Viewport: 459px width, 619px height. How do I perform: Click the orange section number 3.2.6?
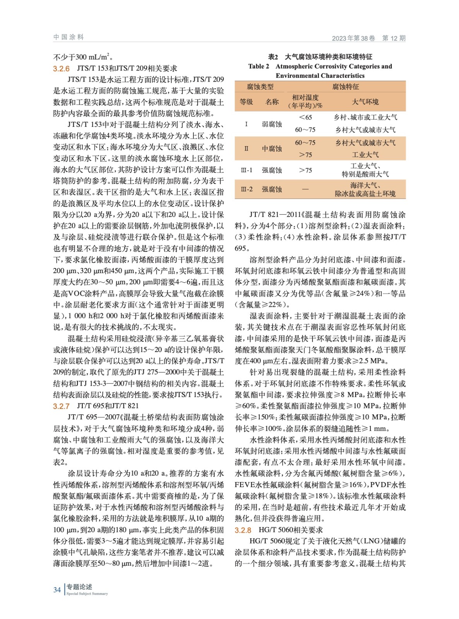pyautogui.click(x=61, y=68)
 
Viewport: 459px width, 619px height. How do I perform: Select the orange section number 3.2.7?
pyautogui.click(x=61, y=406)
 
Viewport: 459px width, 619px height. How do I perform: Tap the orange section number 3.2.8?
pyautogui.click(x=243, y=530)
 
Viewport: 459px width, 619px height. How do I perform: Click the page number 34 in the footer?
pyautogui.click(x=57, y=590)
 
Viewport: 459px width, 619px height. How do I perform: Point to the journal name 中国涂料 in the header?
pyautogui.click(x=68, y=37)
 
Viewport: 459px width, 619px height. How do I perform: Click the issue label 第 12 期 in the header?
pyautogui.click(x=394, y=38)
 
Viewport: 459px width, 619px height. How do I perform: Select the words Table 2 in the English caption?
pyautogui.click(x=259, y=66)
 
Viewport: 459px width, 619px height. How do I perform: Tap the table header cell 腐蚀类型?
pyautogui.click(x=260, y=87)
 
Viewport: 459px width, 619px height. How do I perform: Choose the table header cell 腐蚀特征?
pyautogui.click(x=345, y=87)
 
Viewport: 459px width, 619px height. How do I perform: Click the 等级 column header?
pyautogui.click(x=246, y=102)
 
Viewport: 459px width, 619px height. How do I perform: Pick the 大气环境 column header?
pyautogui.click(x=365, y=102)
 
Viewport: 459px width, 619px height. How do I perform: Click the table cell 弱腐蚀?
pyautogui.click(x=272, y=124)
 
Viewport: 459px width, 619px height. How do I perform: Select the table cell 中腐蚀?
pyautogui.click(x=272, y=149)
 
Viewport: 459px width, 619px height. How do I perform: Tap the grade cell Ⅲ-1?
pyautogui.click(x=246, y=170)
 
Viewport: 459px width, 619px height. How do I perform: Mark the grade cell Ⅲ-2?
pyautogui.click(x=246, y=189)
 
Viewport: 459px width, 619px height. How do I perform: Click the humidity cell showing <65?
pyautogui.click(x=305, y=117)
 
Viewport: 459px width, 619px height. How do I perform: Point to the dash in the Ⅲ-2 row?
pyautogui.click(x=305, y=189)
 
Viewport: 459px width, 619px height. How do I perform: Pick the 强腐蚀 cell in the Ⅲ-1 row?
pyautogui.click(x=272, y=170)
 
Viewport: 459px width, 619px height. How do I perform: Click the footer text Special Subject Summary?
pyautogui.click(x=87, y=593)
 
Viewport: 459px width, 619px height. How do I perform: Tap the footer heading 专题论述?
pyautogui.click(x=79, y=587)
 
